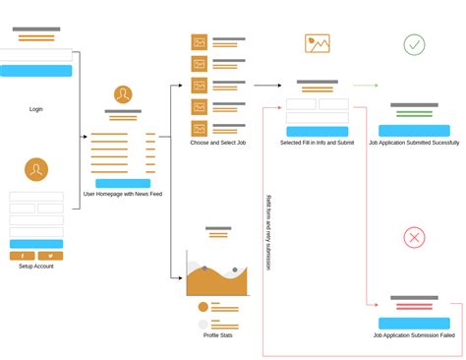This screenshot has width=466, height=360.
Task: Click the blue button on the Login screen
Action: tap(36, 71)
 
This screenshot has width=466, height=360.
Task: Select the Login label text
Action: tap(36, 109)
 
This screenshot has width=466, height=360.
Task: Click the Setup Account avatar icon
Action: tap(36, 169)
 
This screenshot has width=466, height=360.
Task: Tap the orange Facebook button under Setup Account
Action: tap(23, 256)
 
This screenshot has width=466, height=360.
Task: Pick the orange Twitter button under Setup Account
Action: tap(50, 256)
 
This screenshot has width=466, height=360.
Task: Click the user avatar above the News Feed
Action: tap(123, 94)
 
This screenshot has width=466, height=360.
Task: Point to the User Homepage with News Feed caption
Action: tap(123, 194)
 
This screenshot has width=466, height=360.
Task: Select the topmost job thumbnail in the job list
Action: tap(200, 42)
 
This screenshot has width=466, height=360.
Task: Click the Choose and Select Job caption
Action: tap(218, 143)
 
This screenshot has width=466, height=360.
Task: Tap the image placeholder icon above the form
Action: tap(318, 43)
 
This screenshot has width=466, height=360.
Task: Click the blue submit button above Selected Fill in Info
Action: tap(318, 132)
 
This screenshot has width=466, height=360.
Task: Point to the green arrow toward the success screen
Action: tap(366, 86)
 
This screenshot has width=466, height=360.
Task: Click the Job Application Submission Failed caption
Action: tap(414, 335)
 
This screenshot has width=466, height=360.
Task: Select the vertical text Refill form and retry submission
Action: tap(268, 233)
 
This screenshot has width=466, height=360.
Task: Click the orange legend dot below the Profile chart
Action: tap(204, 307)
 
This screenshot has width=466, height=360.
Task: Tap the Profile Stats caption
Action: tap(218, 335)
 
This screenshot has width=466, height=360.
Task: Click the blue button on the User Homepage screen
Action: tap(123, 183)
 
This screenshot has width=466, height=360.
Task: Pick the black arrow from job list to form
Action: tap(267, 86)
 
